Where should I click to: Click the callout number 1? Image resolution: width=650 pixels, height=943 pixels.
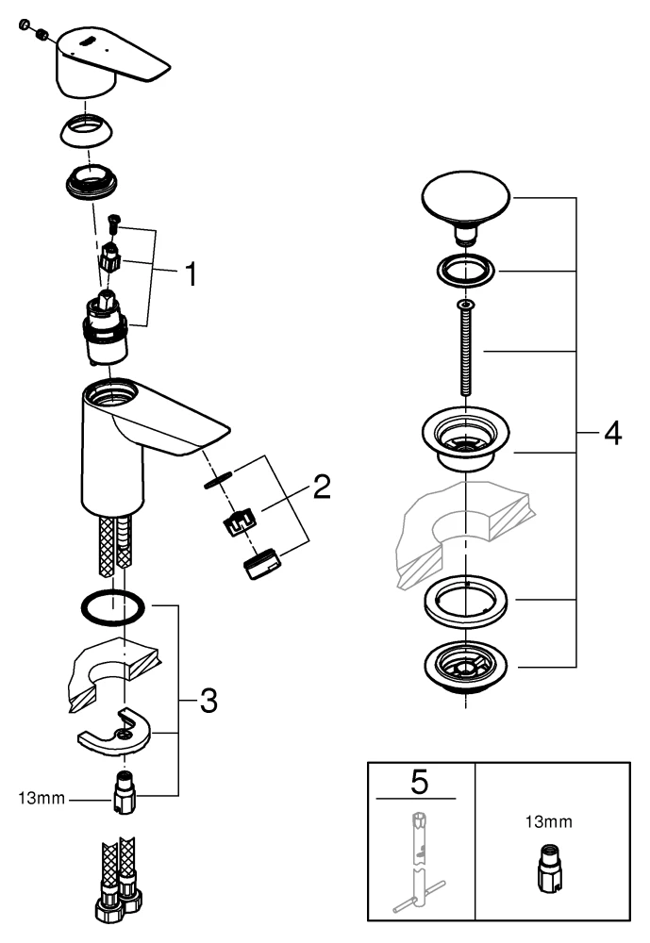[x=191, y=276]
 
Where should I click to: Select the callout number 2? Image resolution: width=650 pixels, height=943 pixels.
[x=321, y=488]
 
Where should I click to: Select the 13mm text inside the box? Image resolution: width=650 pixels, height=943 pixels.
[x=548, y=821]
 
